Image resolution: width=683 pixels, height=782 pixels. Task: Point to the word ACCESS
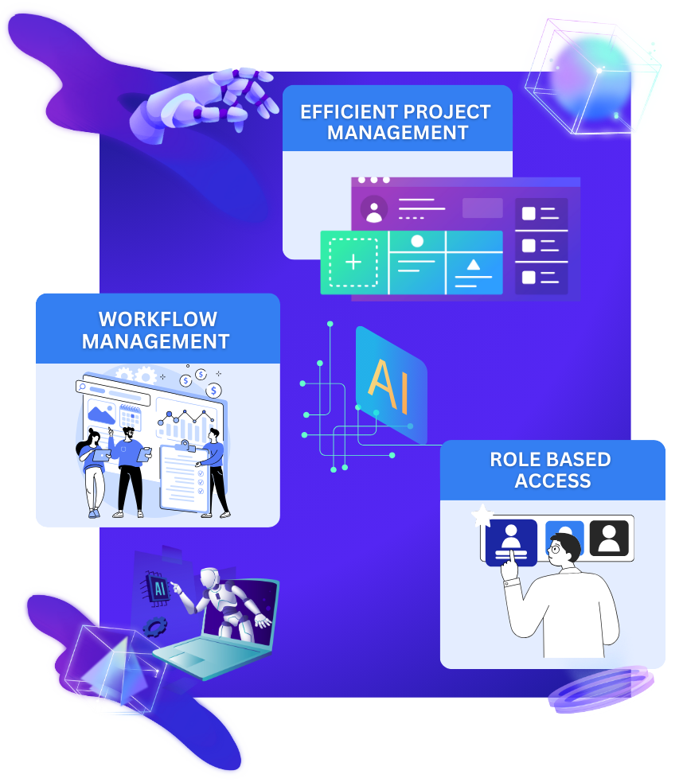point(552,481)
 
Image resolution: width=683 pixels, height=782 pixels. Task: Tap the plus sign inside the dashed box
point(353,263)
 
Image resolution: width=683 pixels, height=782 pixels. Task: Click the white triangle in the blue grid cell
point(474,264)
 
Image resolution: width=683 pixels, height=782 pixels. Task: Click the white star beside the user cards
point(481,518)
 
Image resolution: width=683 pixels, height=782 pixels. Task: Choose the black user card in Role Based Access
point(609,538)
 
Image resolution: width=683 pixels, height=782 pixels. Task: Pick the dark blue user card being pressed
point(511,542)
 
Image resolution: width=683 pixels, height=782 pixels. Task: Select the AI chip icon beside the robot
point(154,589)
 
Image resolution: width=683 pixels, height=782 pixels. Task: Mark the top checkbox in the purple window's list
point(529,213)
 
